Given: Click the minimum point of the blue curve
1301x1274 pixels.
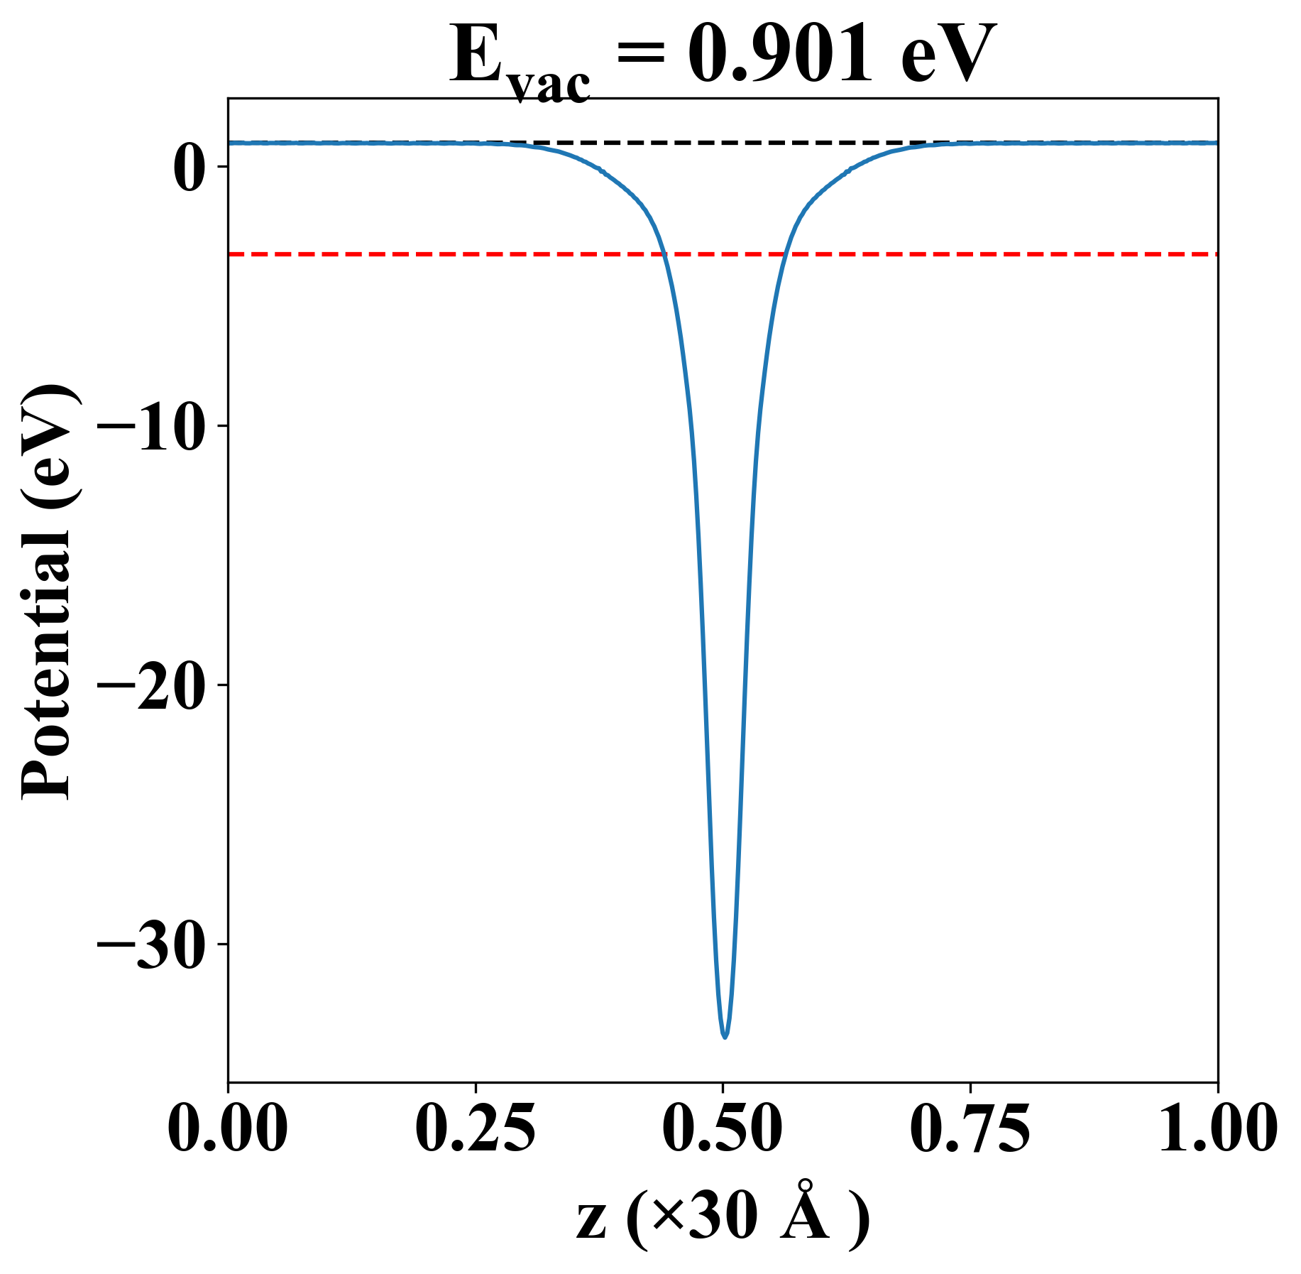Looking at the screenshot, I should pos(725,1038).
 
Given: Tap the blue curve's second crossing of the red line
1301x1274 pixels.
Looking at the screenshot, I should pos(784,254).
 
